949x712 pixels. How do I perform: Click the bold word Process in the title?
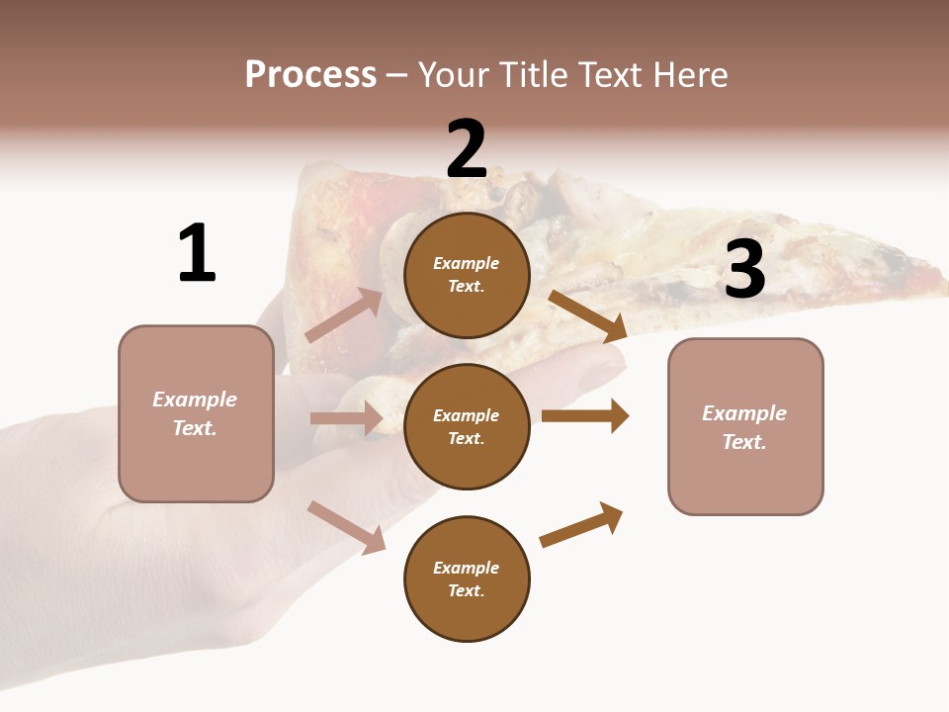pyautogui.click(x=310, y=75)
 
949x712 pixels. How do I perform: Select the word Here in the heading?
pyautogui.click(x=689, y=75)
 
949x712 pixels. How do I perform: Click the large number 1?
pyautogui.click(x=196, y=253)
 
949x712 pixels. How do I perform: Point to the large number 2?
pyautogui.click(x=467, y=149)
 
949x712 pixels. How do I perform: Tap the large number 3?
pyautogui.click(x=744, y=269)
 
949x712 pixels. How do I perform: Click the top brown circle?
pyautogui.click(x=467, y=275)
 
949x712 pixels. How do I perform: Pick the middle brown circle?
pyautogui.click(x=467, y=426)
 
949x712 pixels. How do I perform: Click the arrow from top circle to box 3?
pyautogui.click(x=588, y=315)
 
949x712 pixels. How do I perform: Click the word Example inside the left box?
pyautogui.click(x=195, y=400)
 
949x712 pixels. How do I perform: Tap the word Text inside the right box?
pyautogui.click(x=743, y=442)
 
